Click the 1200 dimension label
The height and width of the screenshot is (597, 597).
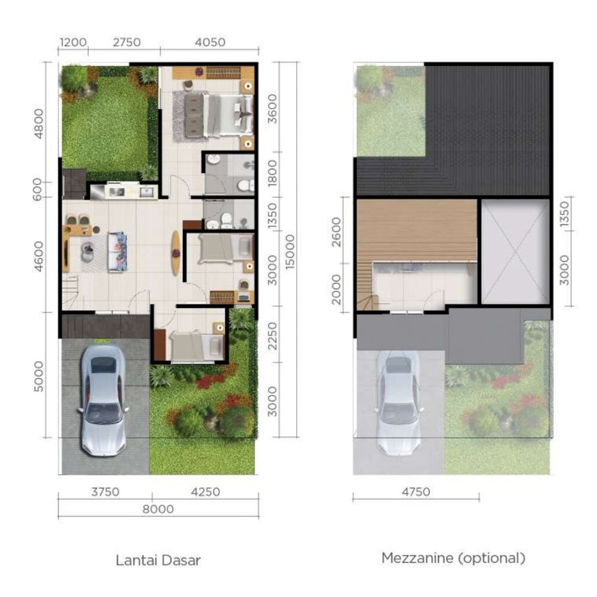(x=73, y=42)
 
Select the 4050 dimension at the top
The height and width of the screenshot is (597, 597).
(x=210, y=42)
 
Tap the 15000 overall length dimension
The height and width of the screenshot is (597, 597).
(x=290, y=252)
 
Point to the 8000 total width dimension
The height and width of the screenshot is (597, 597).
(x=158, y=509)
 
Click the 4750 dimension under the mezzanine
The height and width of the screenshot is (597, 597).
(x=416, y=492)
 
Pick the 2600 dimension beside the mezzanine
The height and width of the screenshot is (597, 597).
(x=337, y=232)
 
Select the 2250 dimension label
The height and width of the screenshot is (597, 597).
(x=273, y=336)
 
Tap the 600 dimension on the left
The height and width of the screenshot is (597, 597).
(x=37, y=189)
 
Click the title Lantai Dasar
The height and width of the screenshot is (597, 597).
(x=158, y=561)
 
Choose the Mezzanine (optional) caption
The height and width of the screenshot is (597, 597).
(x=454, y=558)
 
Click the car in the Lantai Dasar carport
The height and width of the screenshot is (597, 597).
(x=103, y=400)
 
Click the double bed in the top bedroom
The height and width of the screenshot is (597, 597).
(x=219, y=115)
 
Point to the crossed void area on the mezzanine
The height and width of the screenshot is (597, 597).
(x=516, y=251)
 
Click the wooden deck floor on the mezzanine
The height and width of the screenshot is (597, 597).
(x=417, y=230)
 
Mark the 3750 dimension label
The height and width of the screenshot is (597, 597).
(x=105, y=492)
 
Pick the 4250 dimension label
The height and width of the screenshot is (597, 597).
(x=205, y=492)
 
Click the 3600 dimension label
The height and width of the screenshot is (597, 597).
(x=273, y=109)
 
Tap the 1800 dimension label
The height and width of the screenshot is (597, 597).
(x=273, y=173)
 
